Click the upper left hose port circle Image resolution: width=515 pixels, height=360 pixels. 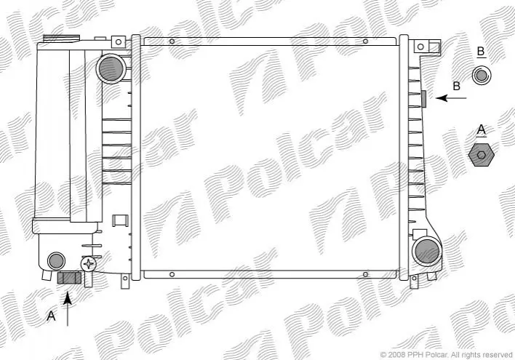click(111, 69)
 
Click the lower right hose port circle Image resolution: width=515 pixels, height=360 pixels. click(427, 252)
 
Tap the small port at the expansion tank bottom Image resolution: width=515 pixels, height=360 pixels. click(56, 261)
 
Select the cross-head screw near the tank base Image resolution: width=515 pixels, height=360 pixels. click(88, 264)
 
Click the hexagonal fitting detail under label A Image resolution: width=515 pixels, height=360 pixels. click(482, 155)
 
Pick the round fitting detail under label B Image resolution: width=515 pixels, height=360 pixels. click(481, 75)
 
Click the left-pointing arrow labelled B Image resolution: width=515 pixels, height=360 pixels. click(451, 98)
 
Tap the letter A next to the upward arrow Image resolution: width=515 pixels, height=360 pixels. click(51, 316)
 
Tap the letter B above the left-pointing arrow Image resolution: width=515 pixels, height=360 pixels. click(457, 86)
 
